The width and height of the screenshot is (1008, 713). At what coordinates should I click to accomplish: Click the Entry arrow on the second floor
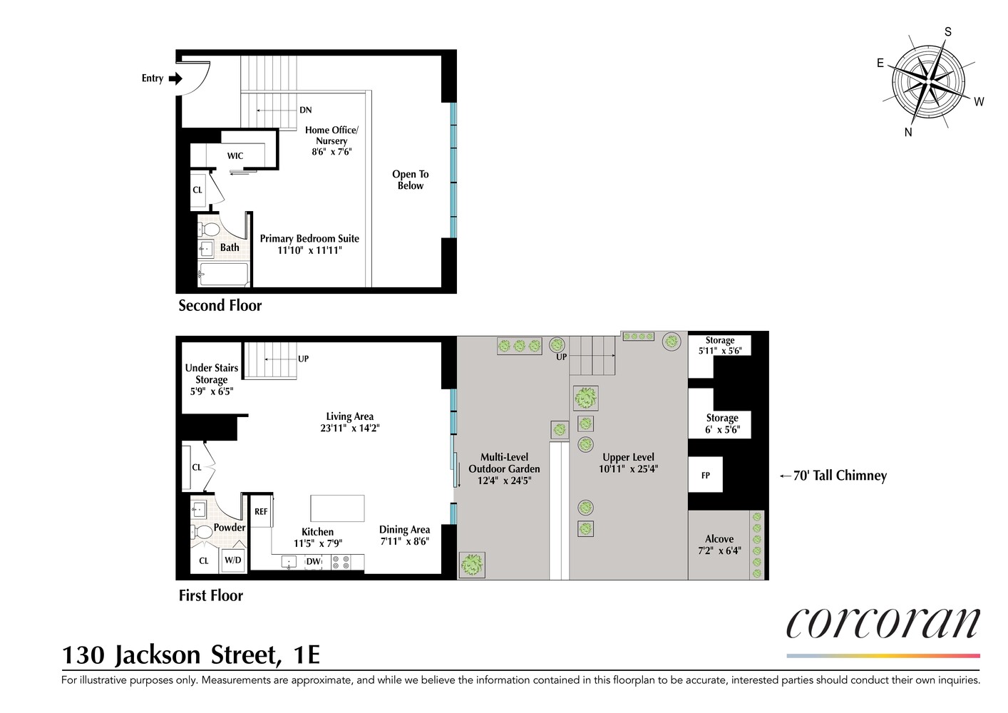click(175, 78)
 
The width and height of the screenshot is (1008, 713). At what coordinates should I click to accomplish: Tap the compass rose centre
click(930, 83)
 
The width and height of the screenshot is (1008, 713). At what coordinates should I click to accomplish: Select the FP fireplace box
click(705, 475)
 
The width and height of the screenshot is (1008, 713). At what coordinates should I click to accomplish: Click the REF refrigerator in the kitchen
click(261, 511)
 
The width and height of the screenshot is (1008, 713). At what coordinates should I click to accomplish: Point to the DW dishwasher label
click(313, 561)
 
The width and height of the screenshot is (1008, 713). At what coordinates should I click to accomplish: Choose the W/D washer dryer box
click(232, 560)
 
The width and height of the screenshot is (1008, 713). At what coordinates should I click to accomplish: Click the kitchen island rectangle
click(337, 508)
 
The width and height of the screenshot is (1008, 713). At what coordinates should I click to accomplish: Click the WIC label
click(235, 155)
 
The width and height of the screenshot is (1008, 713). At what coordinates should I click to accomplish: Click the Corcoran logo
click(883, 623)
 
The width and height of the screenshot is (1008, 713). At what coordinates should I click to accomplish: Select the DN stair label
click(306, 110)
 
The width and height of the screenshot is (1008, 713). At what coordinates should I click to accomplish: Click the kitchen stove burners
click(341, 562)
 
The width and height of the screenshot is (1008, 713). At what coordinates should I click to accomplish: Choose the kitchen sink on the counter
click(289, 562)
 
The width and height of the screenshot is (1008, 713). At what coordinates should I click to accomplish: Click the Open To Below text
click(411, 180)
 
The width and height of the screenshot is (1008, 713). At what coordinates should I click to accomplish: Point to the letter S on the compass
click(947, 31)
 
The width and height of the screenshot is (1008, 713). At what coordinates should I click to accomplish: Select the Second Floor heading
click(220, 305)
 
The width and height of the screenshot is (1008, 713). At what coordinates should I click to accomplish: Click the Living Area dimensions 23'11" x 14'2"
click(349, 428)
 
